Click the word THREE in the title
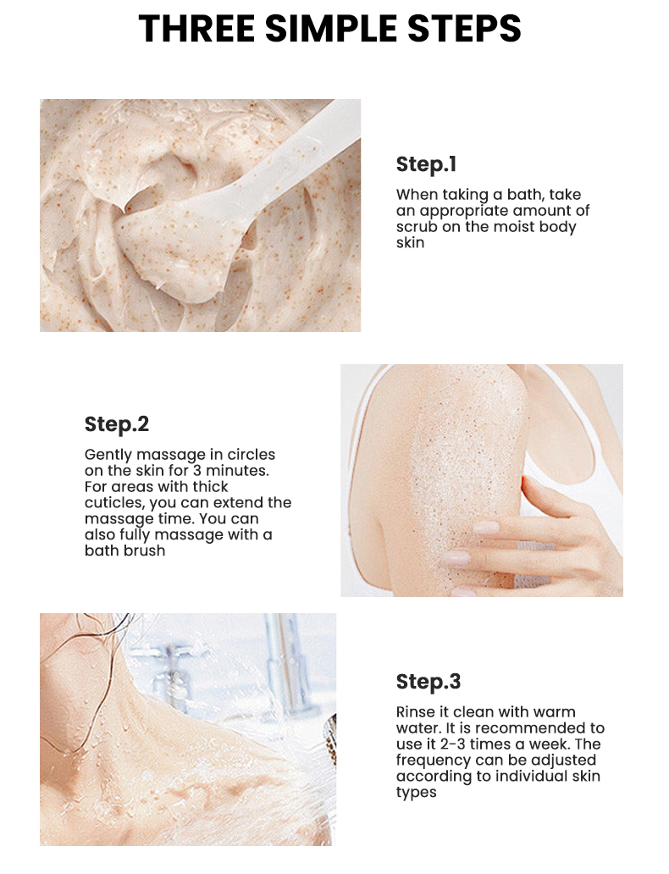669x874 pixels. coord(197,28)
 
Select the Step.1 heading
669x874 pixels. coord(426,163)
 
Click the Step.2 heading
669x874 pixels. coord(117,423)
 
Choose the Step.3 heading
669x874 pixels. coord(428,682)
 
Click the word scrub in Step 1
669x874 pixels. coord(416,227)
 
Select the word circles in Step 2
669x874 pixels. coord(251,455)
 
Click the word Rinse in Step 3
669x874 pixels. coord(415,712)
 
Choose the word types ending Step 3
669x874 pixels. coord(416,793)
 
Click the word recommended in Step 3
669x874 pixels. coord(545,728)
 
